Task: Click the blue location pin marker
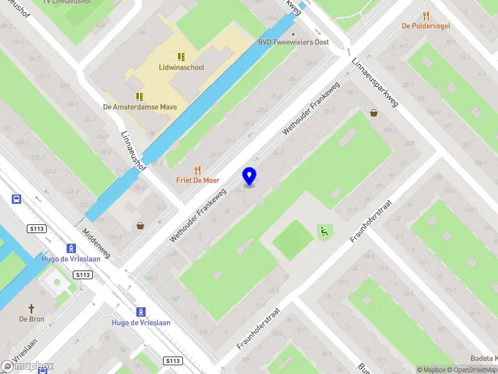250,176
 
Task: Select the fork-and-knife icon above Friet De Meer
198,170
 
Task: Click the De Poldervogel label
426,26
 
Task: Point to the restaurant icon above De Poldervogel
426,16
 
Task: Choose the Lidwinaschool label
182,67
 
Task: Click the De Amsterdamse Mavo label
140,107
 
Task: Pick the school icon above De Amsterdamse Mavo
139,97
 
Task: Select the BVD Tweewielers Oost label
293,42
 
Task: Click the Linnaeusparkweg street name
374,82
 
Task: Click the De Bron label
32,319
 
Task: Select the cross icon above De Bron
32,309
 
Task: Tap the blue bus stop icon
16,199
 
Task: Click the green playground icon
323,231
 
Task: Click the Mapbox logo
28,367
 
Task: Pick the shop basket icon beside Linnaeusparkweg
374,113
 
